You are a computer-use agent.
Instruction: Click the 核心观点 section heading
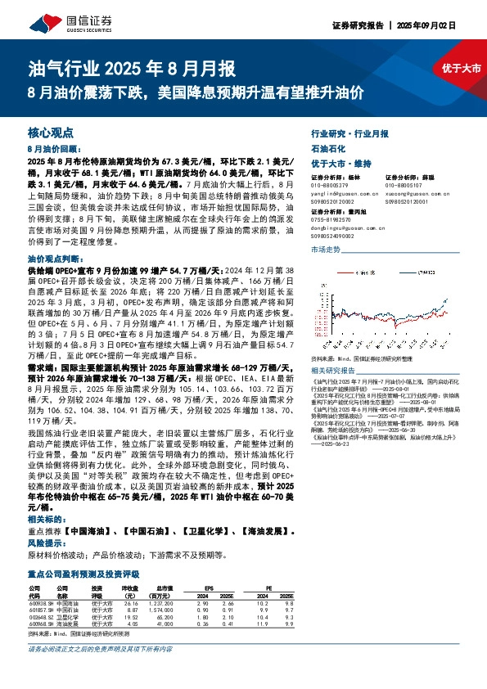click(x=51, y=133)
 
